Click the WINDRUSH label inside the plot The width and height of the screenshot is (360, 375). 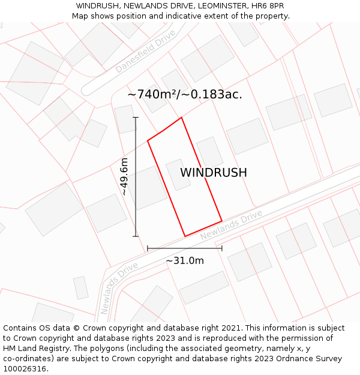pyautogui.click(x=214, y=173)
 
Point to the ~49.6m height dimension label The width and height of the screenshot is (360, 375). pyautogui.click(x=124, y=176)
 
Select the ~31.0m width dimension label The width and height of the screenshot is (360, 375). pyautogui.click(x=185, y=260)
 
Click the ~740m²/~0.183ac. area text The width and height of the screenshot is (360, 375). pyautogui.click(x=185, y=94)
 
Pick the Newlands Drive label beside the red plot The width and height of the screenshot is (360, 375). pyautogui.click(x=232, y=225)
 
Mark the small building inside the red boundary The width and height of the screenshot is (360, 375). pyautogui.click(x=178, y=175)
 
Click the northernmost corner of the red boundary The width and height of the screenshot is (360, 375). pyautogui.click(x=181, y=118)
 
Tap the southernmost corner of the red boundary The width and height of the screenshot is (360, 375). pyautogui.click(x=185, y=236)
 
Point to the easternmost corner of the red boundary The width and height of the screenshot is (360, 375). pyautogui.click(x=222, y=221)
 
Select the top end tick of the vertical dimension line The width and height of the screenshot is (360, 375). pyautogui.click(x=136, y=118)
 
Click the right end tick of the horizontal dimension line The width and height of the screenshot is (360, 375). pyautogui.click(x=222, y=248)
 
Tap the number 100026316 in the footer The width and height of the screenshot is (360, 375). pyautogui.click(x=25, y=369)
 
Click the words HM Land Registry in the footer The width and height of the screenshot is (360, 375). pyautogui.click(x=34, y=349)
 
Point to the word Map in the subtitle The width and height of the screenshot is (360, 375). pyautogui.click(x=81, y=16)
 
